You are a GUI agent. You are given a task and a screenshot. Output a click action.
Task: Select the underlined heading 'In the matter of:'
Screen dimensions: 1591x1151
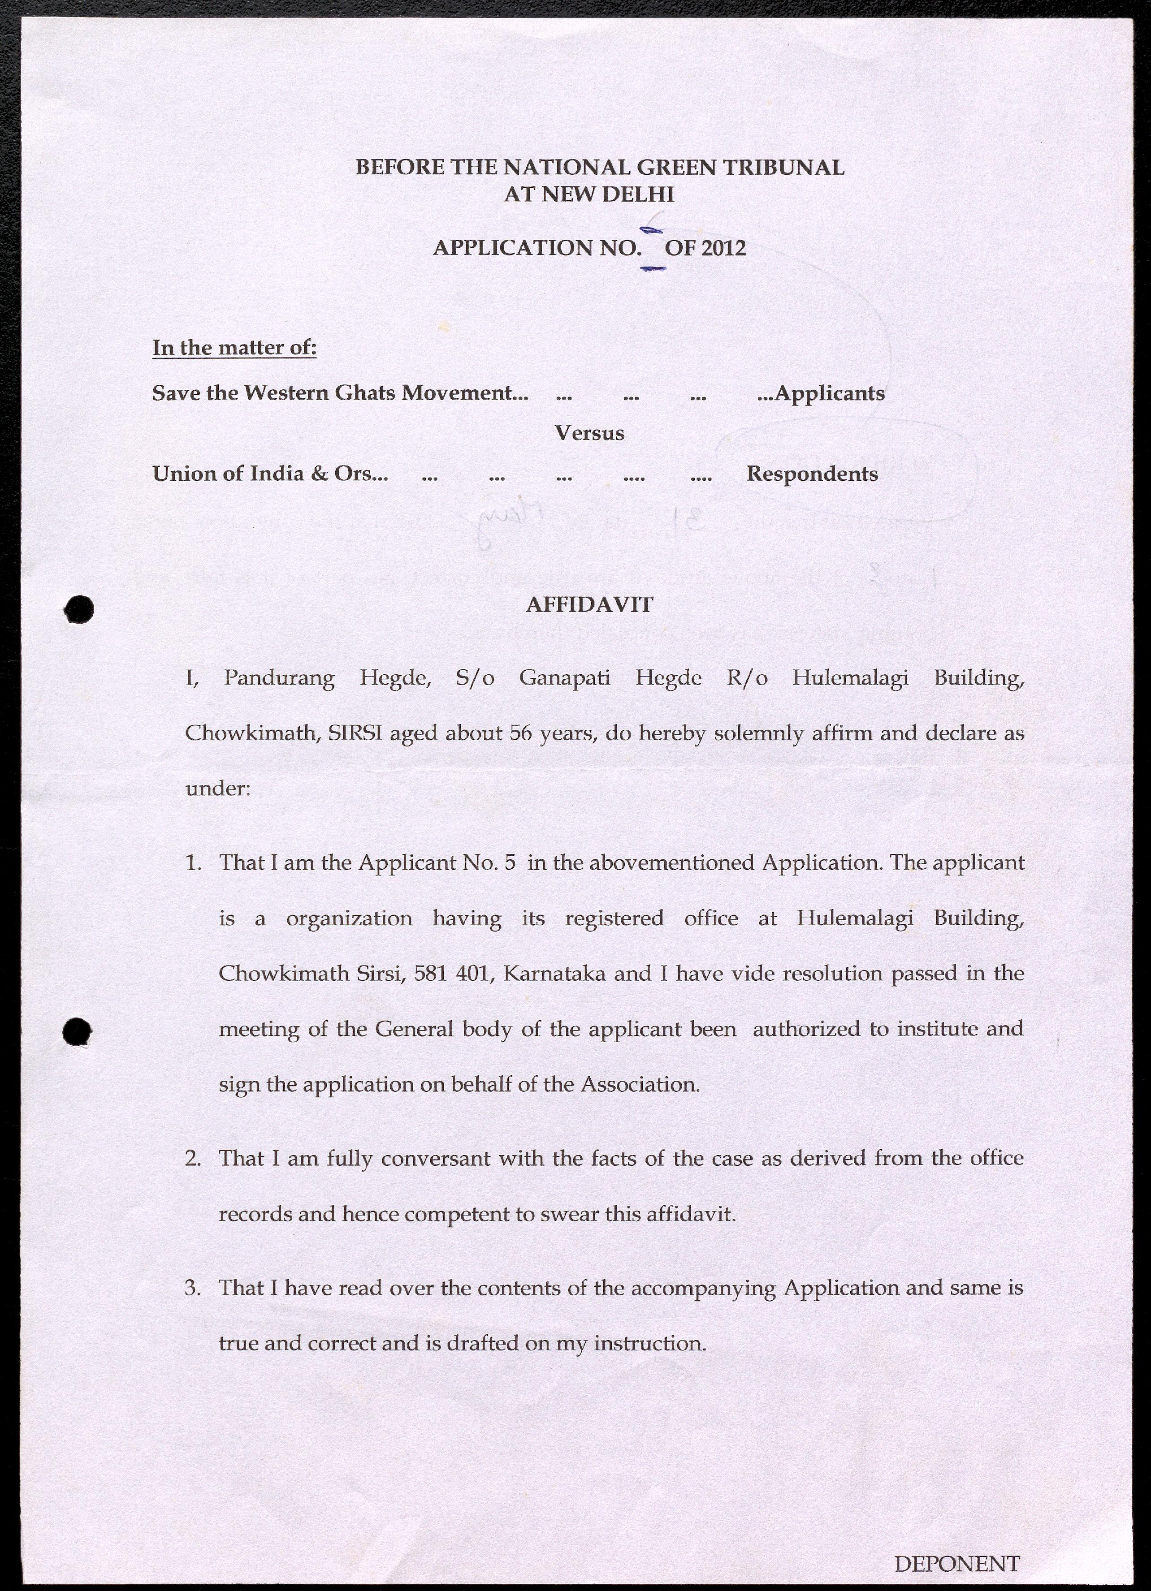click(234, 348)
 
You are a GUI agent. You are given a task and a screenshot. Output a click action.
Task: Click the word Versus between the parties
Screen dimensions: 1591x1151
click(589, 433)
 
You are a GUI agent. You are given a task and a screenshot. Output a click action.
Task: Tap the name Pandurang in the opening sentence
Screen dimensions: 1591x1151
click(279, 678)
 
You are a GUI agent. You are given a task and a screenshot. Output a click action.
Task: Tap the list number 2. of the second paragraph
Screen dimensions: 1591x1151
click(194, 1158)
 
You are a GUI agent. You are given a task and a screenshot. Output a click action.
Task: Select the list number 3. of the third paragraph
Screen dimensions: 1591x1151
click(194, 1288)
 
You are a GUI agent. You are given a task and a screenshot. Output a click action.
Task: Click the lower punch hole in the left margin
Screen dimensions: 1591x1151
click(77, 1032)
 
